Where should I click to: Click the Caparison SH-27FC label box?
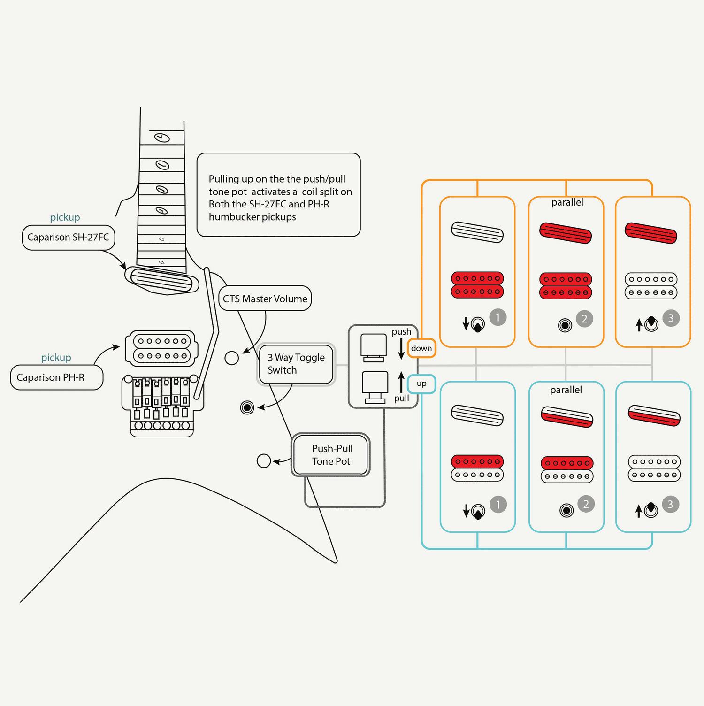click(x=68, y=238)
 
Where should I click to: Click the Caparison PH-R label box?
click(x=56, y=377)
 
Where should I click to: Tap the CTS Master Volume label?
click(x=265, y=299)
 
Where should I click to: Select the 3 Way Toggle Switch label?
click(x=296, y=364)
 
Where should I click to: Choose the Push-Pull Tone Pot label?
click(x=331, y=454)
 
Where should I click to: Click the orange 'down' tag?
click(x=421, y=348)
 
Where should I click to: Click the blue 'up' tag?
click(x=421, y=384)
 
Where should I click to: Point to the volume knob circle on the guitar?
click(x=232, y=358)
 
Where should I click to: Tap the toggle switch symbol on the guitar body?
click(x=247, y=407)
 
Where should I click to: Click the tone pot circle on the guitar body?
click(x=264, y=461)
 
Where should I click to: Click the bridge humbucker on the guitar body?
click(x=162, y=348)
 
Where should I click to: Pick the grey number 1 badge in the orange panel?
click(x=498, y=317)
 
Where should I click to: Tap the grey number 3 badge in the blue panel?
click(x=670, y=504)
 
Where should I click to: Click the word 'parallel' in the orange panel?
click(x=567, y=202)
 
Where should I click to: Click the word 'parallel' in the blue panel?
click(x=566, y=390)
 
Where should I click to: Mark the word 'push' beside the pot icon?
click(x=401, y=331)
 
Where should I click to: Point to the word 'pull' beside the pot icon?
click(x=401, y=399)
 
